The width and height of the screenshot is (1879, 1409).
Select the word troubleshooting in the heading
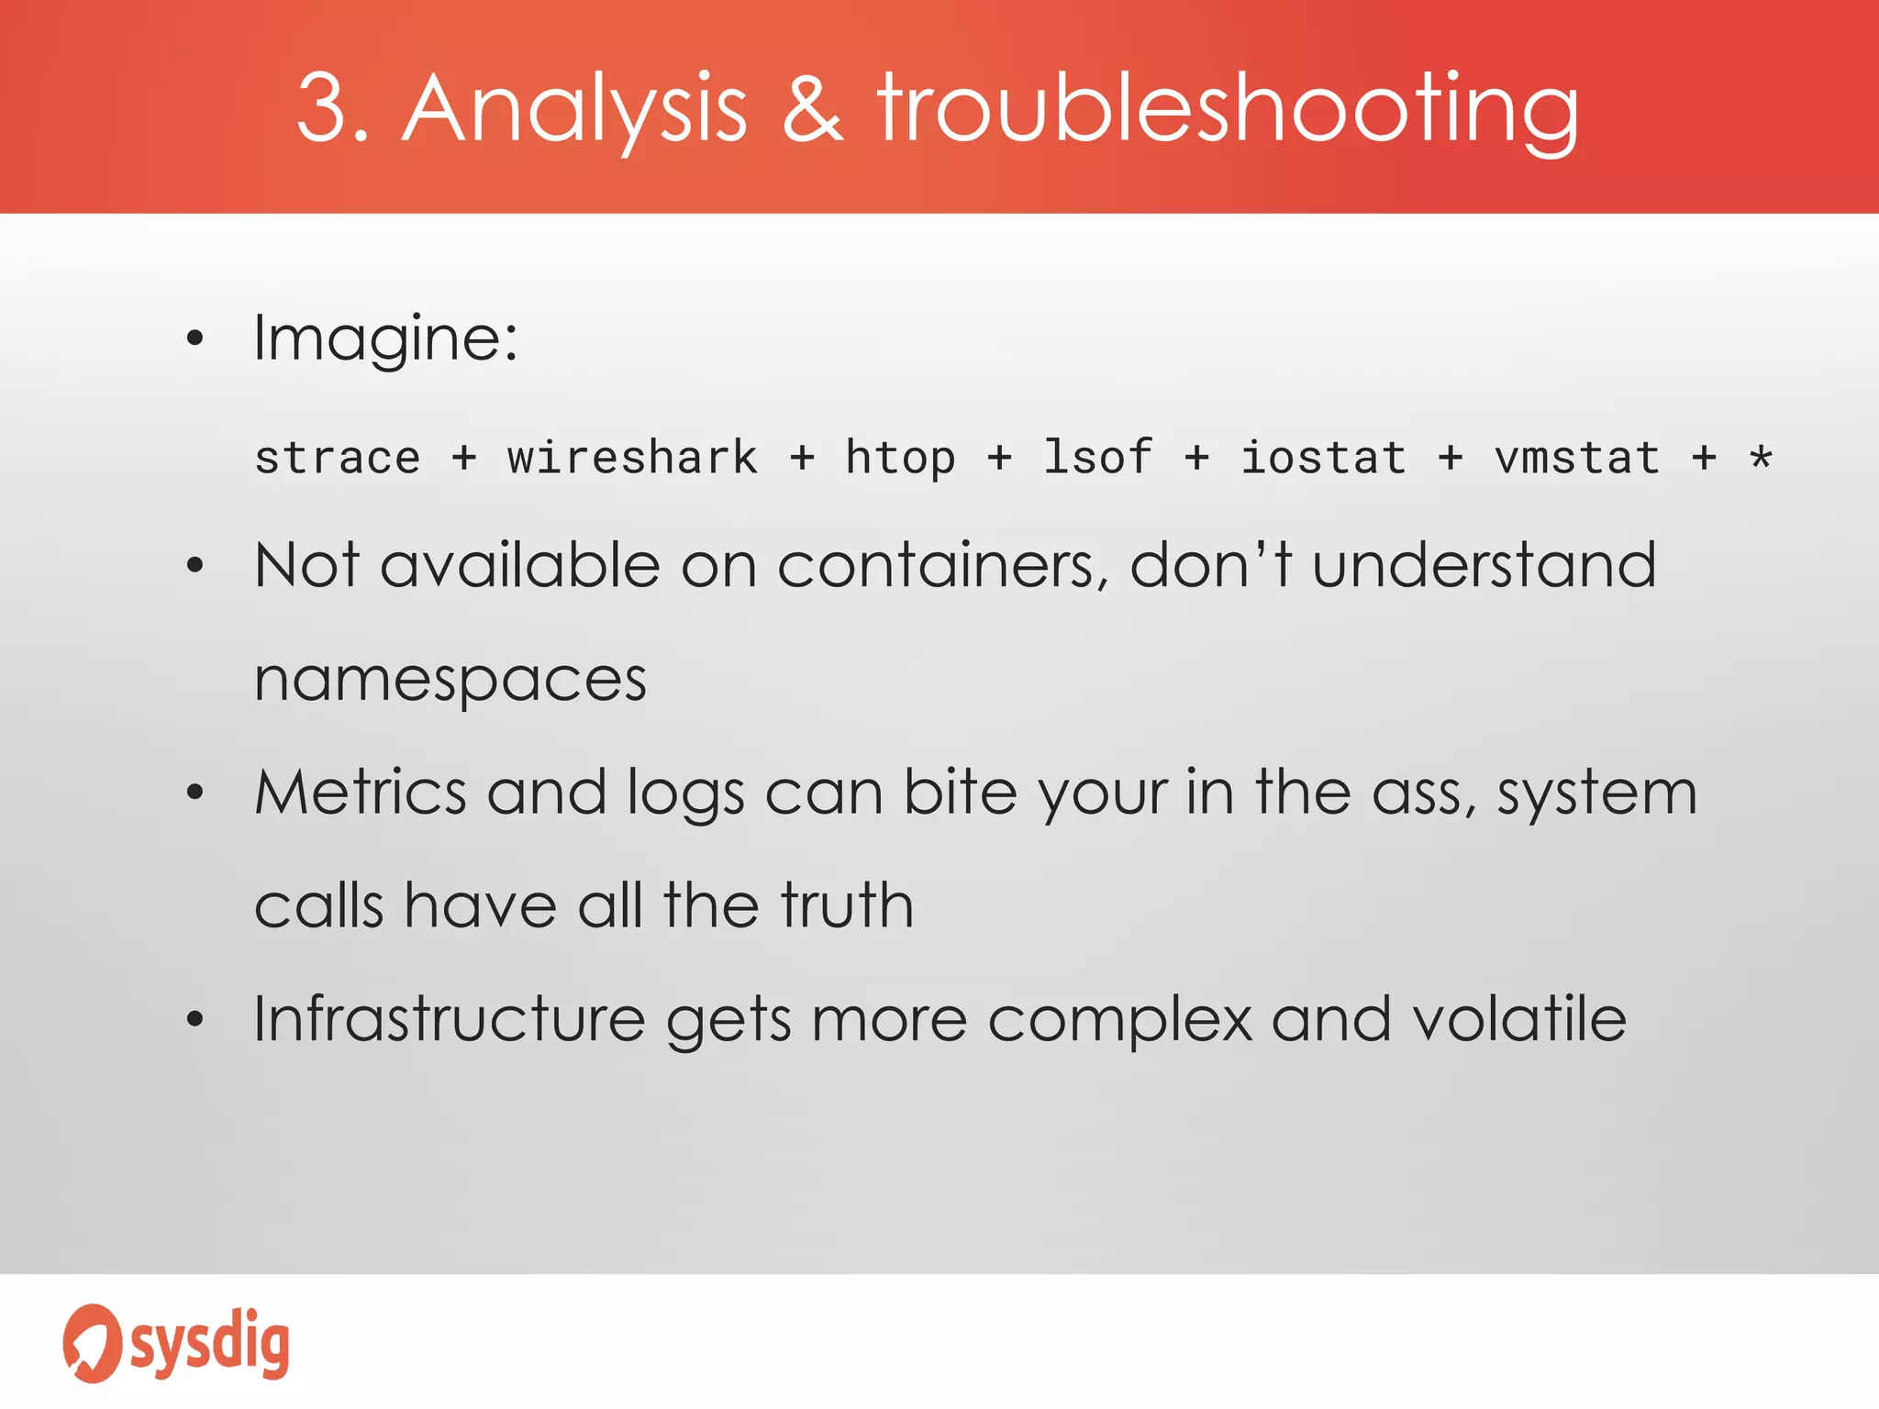1228,110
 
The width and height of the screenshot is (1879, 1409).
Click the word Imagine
385,339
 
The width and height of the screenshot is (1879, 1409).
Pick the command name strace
338,458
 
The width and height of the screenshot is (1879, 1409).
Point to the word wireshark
632,458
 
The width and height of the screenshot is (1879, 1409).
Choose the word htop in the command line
900,458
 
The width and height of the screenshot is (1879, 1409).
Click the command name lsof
1097,458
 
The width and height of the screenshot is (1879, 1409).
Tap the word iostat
1323,458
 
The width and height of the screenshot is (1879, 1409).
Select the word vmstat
1577,458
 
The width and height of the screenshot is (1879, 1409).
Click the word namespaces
450,681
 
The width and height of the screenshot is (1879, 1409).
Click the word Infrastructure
450,1019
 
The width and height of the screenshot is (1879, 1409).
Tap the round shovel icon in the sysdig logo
92,1343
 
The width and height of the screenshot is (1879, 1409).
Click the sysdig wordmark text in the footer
210,1343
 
